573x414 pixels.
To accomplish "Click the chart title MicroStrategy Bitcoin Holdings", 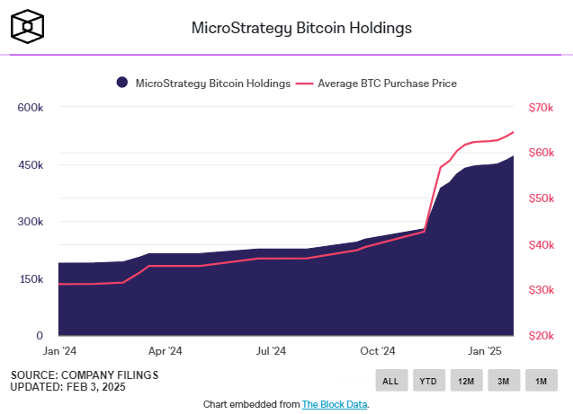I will point(301,27).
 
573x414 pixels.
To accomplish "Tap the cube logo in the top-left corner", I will point(29,27).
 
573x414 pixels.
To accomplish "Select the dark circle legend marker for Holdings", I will point(121,84).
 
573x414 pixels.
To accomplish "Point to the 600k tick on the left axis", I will point(31,108).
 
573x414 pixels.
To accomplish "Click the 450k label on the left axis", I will point(31,165).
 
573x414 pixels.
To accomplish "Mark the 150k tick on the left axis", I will point(31,279).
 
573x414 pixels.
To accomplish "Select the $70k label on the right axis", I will point(541,108).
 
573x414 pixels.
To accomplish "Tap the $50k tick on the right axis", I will point(541,198).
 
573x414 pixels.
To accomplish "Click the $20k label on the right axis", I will point(541,335).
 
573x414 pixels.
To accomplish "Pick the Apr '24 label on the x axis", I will point(165,351).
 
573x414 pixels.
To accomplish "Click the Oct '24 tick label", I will point(377,351).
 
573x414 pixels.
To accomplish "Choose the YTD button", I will point(428,381).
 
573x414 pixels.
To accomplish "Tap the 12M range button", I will point(466,381).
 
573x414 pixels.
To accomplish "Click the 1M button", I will point(542,381).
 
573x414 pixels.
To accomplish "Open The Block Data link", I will point(335,404).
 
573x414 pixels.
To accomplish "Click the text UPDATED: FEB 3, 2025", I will point(68,387).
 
